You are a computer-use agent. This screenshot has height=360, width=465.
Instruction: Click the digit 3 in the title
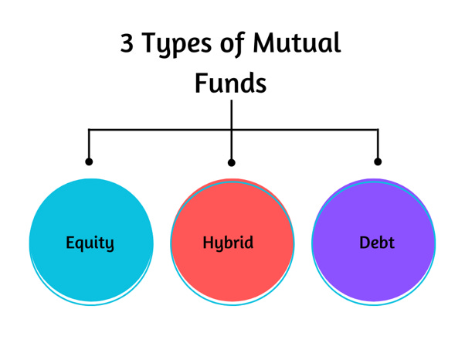[x=127, y=43]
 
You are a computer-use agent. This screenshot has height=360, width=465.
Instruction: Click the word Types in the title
[x=175, y=45]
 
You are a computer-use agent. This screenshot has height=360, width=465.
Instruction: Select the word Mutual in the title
[x=297, y=43]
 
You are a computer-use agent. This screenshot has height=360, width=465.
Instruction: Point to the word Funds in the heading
[x=231, y=83]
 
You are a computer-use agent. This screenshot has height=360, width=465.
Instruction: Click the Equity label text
[x=90, y=243]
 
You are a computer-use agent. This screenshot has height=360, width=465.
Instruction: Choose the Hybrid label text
[x=228, y=243]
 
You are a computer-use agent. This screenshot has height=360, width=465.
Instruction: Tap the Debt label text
[x=377, y=243]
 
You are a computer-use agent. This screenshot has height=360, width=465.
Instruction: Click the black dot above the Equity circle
[x=89, y=161]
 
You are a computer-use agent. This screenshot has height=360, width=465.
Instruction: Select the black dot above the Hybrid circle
[x=232, y=162]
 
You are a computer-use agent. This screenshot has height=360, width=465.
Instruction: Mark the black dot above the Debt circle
[x=378, y=161]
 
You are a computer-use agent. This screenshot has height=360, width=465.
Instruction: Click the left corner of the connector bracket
[x=89, y=130]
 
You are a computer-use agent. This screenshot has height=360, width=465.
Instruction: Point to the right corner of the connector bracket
[x=378, y=130]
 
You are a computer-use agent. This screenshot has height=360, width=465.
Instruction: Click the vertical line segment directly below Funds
[x=232, y=114]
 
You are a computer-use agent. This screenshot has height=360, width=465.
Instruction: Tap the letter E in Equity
[x=70, y=242]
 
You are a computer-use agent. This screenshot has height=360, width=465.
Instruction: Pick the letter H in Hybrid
[x=208, y=242]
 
